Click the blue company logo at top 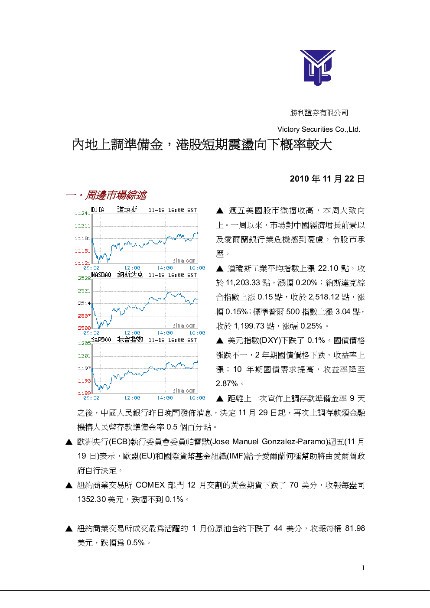click(x=318, y=67)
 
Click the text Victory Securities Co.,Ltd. click(x=319, y=129)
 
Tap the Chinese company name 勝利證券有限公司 click(x=319, y=112)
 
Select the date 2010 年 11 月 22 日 click(x=327, y=179)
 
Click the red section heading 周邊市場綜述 click(x=116, y=195)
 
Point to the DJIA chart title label click(x=98, y=210)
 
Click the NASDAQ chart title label click(x=101, y=275)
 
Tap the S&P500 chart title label click(x=101, y=340)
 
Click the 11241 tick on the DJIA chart click(x=82, y=213)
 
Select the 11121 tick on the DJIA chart click(x=82, y=263)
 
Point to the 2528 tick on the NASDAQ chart click(x=84, y=278)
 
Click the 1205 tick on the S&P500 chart click(x=84, y=343)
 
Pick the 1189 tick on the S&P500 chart click(x=84, y=393)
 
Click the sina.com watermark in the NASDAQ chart click(x=184, y=325)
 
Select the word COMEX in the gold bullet click(x=150, y=485)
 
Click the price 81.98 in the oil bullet click(x=355, y=528)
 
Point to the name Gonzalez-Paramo click(x=293, y=442)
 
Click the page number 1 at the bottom click(x=363, y=568)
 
